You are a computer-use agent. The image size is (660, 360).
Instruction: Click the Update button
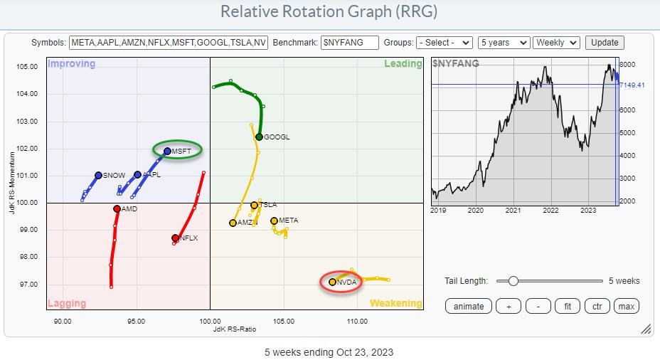tap(605, 43)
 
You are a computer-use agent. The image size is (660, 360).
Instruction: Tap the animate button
tap(468, 307)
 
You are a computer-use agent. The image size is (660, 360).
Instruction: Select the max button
tap(626, 307)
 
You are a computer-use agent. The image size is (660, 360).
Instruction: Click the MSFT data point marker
tap(168, 151)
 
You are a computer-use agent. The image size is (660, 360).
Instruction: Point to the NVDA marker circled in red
tap(332, 282)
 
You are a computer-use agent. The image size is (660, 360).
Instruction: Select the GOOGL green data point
tap(259, 137)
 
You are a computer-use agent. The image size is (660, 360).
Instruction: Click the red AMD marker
tap(117, 208)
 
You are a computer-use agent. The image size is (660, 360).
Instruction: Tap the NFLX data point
tap(175, 238)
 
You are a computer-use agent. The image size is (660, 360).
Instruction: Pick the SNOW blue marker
tap(98, 175)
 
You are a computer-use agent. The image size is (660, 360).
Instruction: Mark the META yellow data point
tap(274, 221)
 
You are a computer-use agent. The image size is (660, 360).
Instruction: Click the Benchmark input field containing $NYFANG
tap(349, 43)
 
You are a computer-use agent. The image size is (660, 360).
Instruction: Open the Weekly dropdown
tap(556, 43)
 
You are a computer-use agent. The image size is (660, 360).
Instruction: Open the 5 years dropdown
tap(504, 43)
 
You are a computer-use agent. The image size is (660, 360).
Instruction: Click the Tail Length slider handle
tap(512, 281)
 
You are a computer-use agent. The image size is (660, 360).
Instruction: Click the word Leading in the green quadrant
tap(403, 64)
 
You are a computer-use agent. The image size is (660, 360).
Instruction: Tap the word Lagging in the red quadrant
tap(67, 304)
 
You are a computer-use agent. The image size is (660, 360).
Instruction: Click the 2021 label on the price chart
tap(513, 211)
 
